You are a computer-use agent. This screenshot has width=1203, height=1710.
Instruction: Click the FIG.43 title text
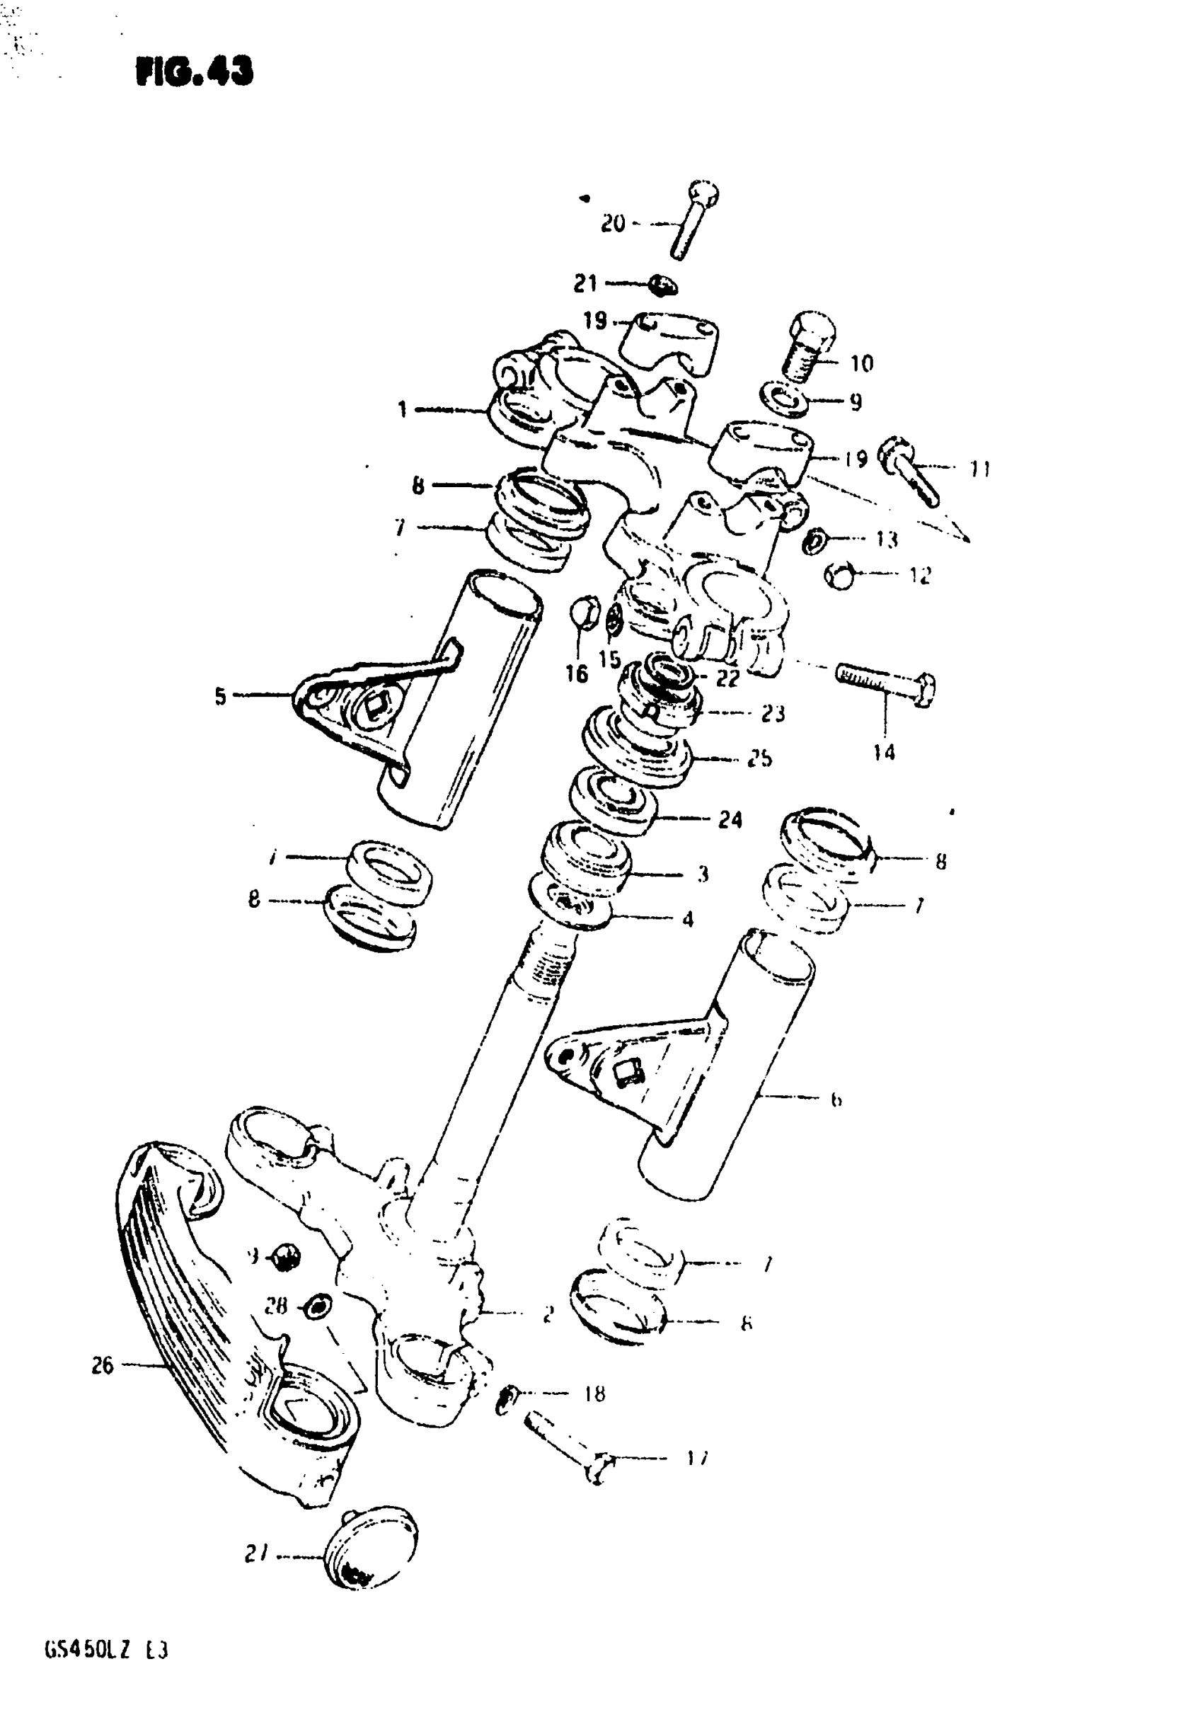tap(195, 72)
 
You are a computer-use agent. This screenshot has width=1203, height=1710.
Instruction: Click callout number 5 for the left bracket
tap(220, 696)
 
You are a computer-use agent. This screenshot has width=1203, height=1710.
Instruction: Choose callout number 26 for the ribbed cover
tap(102, 1365)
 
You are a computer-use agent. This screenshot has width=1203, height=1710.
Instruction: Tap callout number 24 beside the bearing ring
tap(730, 819)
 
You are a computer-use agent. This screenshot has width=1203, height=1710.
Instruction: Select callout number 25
tap(759, 758)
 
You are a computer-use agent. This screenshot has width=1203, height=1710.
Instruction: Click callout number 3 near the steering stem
tap(702, 873)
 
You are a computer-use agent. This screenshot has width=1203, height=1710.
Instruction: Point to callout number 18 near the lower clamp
tap(594, 1393)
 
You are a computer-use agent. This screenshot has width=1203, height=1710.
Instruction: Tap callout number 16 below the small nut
tap(576, 674)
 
